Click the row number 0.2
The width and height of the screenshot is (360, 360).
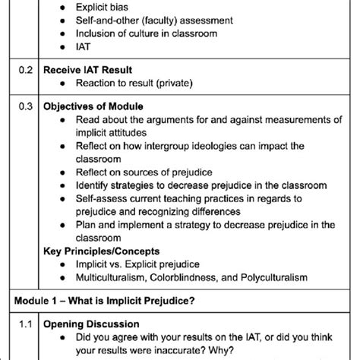click(x=25, y=68)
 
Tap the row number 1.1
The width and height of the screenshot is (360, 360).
click(x=25, y=324)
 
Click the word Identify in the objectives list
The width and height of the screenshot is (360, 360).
click(x=93, y=185)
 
